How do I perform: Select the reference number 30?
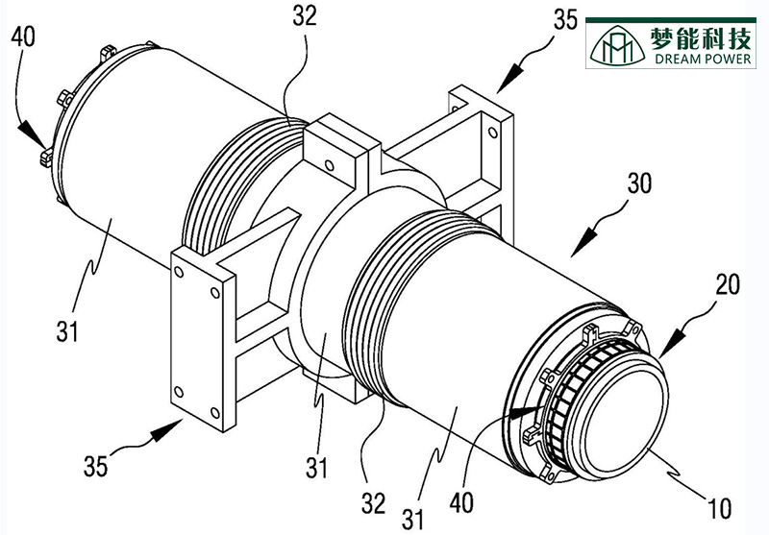[646, 183]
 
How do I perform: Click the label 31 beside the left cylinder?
[68, 330]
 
